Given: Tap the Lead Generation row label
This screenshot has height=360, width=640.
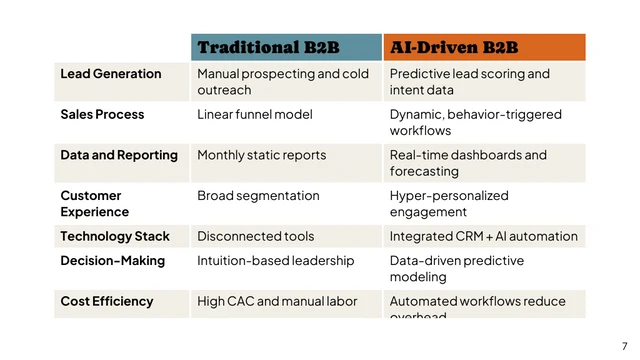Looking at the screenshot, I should tap(110, 74).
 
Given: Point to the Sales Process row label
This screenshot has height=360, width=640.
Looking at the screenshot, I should tap(102, 115).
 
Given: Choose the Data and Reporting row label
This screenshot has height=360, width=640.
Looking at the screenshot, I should tap(118, 155).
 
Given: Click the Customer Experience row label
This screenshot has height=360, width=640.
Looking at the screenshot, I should tap(94, 204).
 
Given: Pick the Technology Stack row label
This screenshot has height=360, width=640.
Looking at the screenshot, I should tap(115, 237).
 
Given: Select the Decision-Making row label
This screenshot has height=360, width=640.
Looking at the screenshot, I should tap(112, 261).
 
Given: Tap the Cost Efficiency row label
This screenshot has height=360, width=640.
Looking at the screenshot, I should tap(106, 301).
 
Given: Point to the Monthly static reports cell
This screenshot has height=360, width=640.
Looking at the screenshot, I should tap(261, 155).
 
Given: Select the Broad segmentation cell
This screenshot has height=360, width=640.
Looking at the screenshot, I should tap(258, 196).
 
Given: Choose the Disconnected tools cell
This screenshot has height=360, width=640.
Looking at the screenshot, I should tap(255, 237).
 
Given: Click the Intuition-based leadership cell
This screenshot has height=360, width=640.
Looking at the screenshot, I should tap(275, 261).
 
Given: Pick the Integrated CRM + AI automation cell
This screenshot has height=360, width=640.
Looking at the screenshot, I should tap(483, 237).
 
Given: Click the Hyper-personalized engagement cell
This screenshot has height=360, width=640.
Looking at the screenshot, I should tap(449, 204).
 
